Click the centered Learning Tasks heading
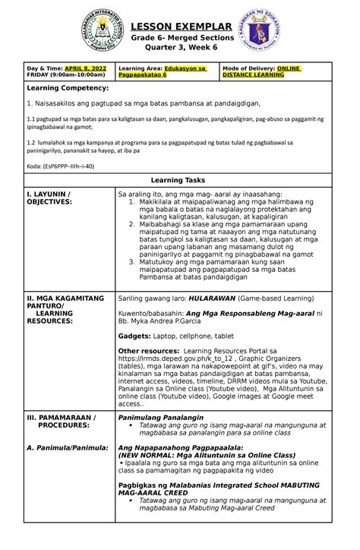pyautogui.click(x=179, y=180)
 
